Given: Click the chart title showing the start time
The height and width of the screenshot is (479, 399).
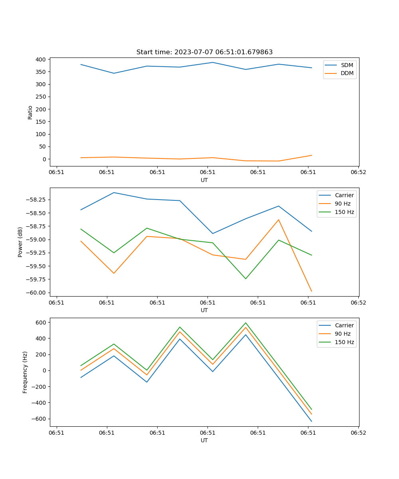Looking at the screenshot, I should [204, 52].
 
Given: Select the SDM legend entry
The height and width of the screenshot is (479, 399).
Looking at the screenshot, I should [347, 65].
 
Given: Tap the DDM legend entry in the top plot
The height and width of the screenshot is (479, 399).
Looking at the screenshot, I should [347, 73].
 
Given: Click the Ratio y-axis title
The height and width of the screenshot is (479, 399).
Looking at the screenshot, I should [30, 112].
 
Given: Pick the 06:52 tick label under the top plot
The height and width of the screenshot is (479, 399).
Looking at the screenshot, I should [358, 172].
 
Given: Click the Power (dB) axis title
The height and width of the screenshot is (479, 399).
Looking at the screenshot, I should [20, 242].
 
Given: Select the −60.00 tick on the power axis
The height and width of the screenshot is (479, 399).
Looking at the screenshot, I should [37, 293].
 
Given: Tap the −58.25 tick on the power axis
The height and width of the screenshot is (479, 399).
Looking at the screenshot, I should [37, 200].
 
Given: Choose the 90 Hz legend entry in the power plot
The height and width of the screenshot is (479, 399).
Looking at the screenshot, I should [342, 204].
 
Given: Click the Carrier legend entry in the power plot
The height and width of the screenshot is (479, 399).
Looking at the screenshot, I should [344, 195].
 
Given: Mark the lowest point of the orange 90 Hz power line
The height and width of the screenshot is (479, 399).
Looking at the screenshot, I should [312, 291].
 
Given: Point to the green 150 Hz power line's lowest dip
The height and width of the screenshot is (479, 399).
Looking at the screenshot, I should [245, 279].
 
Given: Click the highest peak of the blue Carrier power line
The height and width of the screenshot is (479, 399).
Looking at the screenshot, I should [114, 192].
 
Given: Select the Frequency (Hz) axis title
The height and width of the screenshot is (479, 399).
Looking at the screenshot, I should [25, 372].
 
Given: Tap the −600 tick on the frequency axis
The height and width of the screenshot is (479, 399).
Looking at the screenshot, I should [39, 419].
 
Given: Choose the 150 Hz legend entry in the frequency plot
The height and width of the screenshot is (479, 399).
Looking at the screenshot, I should [344, 342].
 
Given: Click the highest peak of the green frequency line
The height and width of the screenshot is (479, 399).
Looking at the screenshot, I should [245, 323].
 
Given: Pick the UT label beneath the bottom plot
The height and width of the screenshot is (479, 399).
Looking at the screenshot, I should [204, 440].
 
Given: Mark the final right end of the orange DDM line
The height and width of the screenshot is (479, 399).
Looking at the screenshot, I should [312, 155].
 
